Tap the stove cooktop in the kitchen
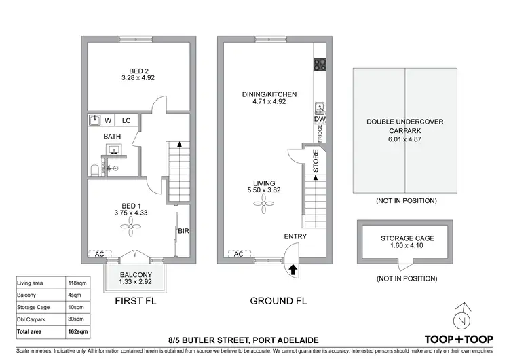[320, 65]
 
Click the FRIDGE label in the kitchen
[319, 134]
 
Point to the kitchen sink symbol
[320, 107]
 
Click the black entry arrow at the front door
[293, 270]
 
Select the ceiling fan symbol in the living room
[263, 207]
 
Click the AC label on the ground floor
[238, 255]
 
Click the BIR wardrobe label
[183, 231]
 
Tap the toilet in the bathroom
[94, 169]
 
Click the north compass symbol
[462, 319]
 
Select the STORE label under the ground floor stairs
[316, 161]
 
